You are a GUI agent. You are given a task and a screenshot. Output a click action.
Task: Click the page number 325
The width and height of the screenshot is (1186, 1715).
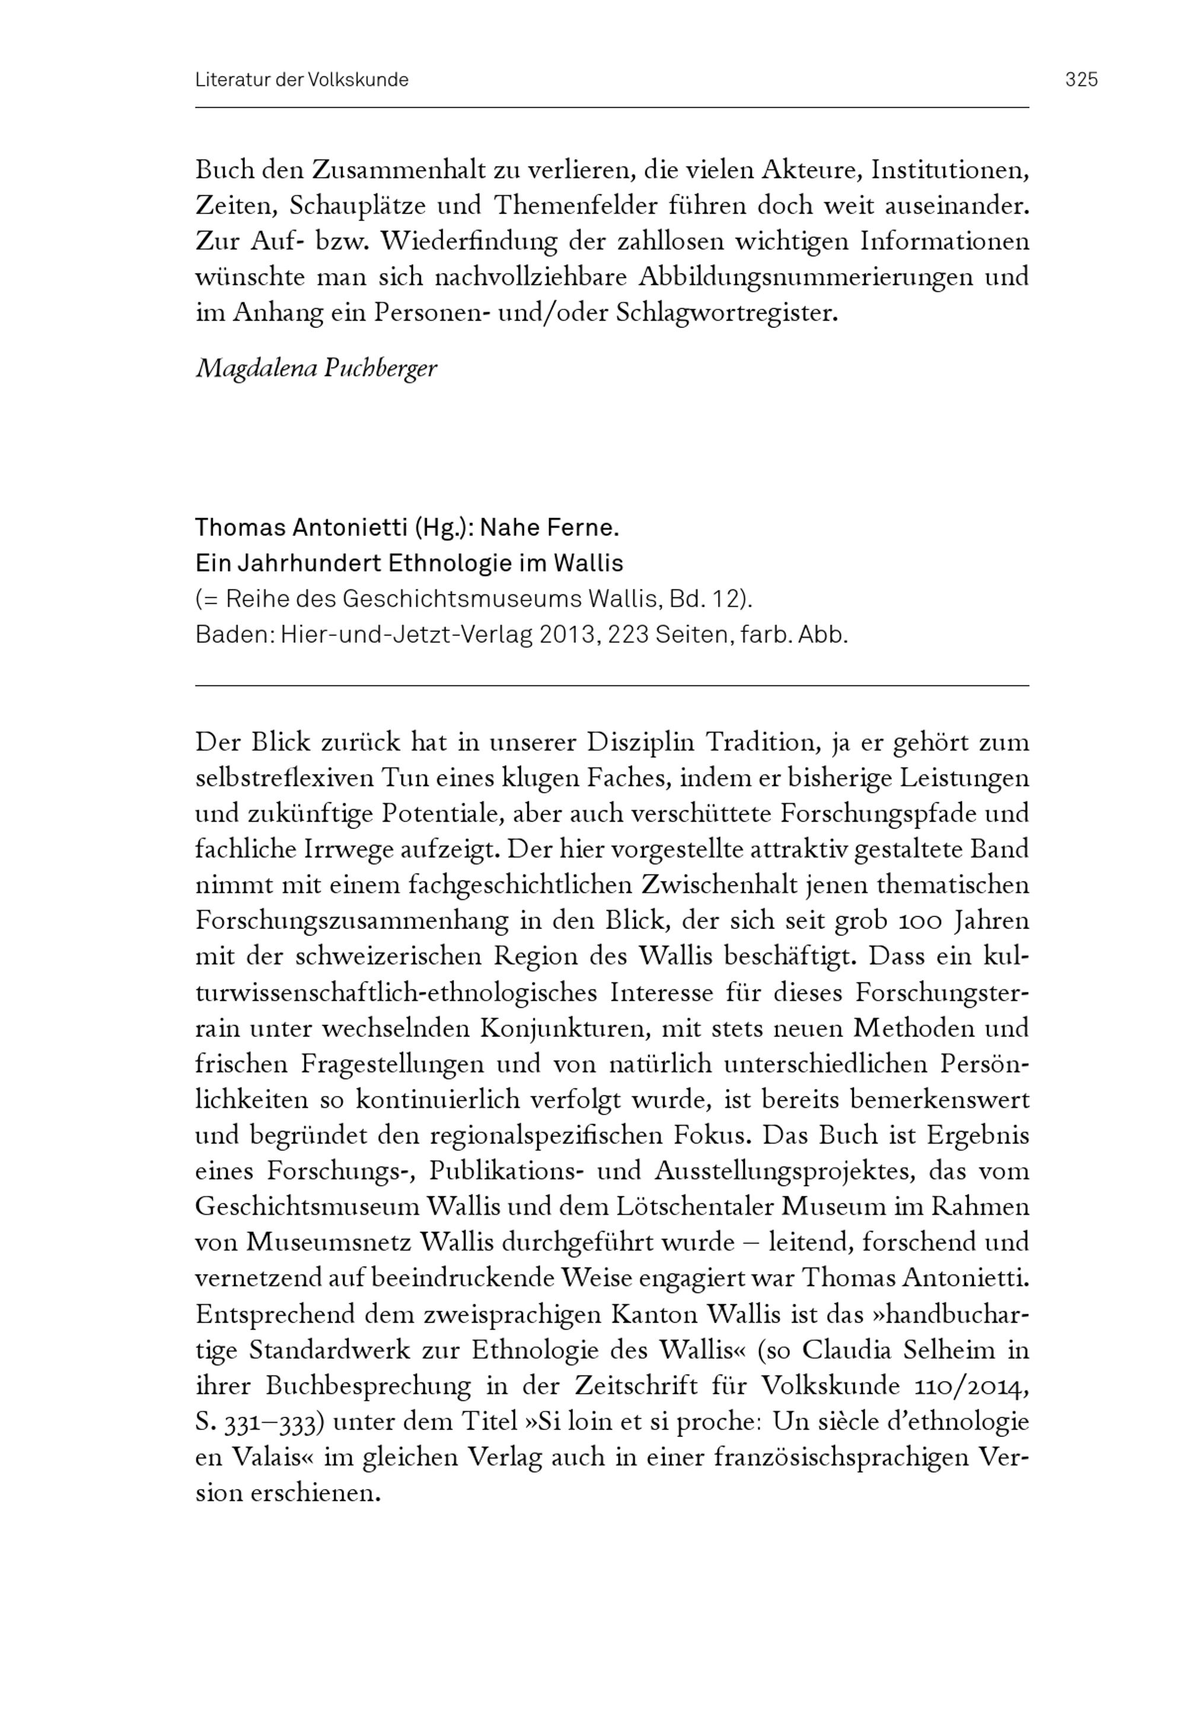coord(1081,79)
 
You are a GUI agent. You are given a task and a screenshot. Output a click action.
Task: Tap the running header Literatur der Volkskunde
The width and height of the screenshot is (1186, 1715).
coord(302,80)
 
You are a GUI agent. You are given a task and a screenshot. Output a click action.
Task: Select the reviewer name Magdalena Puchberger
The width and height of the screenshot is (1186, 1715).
coord(316,368)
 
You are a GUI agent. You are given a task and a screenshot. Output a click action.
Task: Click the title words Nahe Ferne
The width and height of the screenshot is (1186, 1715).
coord(549,528)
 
